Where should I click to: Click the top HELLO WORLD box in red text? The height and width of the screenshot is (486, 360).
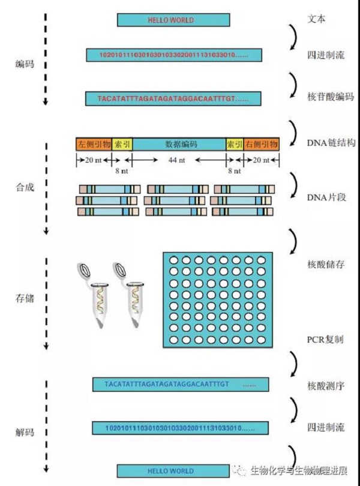tap(173, 20)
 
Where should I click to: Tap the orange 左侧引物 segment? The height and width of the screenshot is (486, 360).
tap(94, 144)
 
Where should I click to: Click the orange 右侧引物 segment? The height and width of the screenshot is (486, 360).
tap(261, 144)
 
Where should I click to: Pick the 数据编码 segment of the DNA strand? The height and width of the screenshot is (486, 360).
tap(179, 144)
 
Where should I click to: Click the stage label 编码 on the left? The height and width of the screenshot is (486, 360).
tap(25, 64)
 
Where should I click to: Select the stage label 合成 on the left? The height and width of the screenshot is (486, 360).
tap(25, 187)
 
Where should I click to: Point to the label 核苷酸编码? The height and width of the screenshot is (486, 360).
tap(330, 97)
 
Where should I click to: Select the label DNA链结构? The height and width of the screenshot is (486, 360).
tap(331, 143)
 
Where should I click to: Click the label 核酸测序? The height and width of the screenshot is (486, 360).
tap(325, 385)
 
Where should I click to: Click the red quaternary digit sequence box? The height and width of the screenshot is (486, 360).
tap(174, 55)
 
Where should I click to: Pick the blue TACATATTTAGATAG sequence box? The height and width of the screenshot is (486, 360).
tap(180, 384)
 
